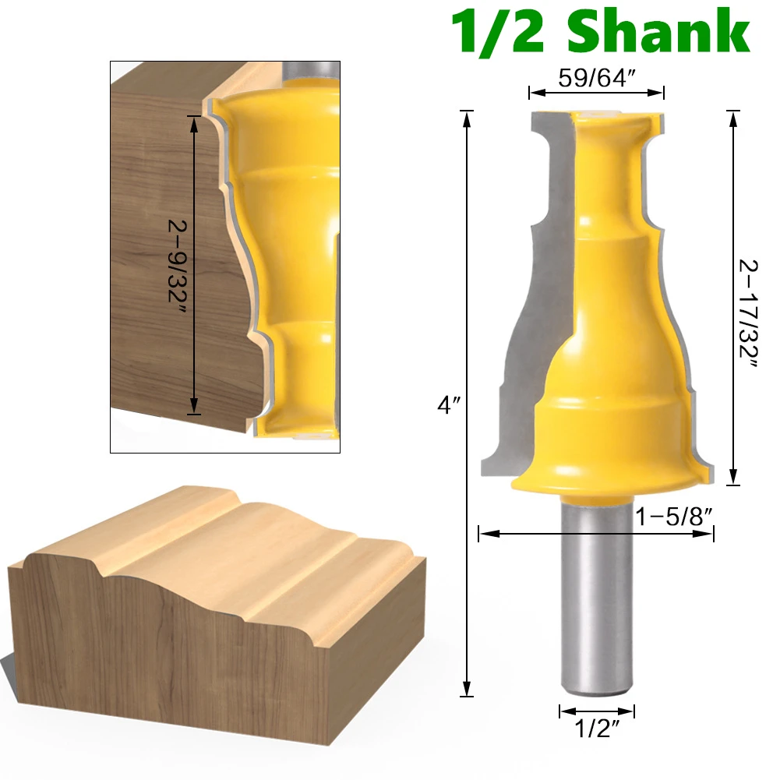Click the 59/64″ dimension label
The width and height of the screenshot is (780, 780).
tap(596, 78)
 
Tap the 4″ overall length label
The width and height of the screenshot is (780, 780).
tap(449, 405)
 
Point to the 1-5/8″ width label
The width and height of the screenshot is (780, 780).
tap(673, 517)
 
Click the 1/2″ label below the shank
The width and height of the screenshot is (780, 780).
tap(597, 729)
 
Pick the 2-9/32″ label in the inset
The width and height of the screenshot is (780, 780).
tap(177, 267)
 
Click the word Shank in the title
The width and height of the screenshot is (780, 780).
tap(658, 32)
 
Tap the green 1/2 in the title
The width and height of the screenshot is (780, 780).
tap(497, 32)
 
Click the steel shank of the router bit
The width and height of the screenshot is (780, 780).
tap(597, 597)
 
